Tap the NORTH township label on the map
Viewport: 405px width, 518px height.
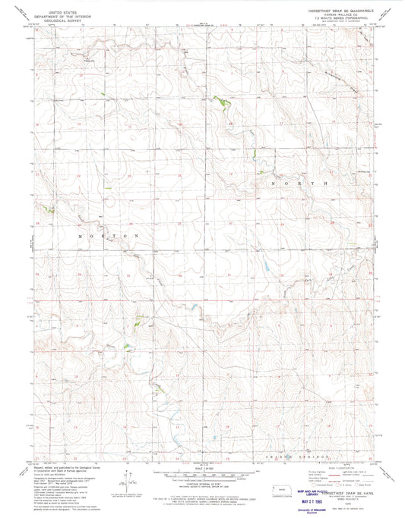point(301,184)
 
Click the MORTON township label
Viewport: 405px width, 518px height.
point(109,236)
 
